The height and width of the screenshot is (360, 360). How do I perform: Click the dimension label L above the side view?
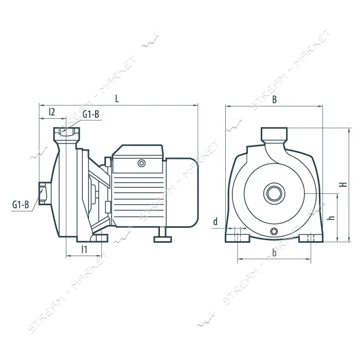[x=117, y=99]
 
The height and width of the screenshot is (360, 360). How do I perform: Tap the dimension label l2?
[x=52, y=112]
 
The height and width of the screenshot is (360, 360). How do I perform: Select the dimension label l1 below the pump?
[x=84, y=249]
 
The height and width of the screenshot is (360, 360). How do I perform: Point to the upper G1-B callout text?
[x=91, y=114]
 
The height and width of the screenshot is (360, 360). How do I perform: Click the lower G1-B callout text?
[x=21, y=204]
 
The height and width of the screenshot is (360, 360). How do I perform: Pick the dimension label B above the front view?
[x=274, y=100]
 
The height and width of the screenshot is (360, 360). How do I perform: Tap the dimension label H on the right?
[x=344, y=184]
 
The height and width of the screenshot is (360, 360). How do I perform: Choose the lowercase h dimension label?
[x=332, y=218]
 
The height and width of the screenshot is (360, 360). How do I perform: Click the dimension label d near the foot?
[x=215, y=222]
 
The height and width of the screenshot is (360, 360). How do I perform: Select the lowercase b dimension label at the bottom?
[x=274, y=253]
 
